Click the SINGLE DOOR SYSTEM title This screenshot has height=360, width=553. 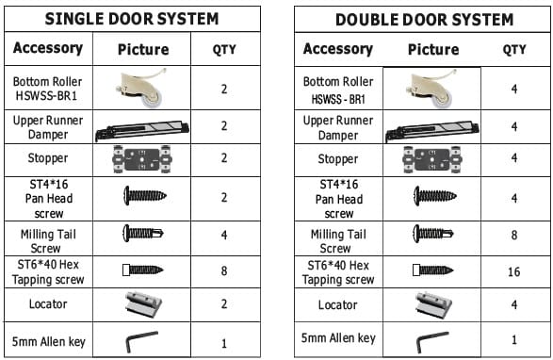[132, 19]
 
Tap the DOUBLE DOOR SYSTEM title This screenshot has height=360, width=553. [424, 20]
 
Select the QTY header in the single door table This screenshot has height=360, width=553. [224, 49]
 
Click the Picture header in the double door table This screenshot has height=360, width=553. [433, 49]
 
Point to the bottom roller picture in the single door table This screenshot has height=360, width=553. [141, 89]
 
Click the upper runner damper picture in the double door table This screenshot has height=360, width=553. [432, 130]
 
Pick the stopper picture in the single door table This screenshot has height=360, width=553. [142, 159]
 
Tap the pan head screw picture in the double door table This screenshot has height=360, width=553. [435, 196]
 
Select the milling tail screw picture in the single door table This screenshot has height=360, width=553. [143, 233]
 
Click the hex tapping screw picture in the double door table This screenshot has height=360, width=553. [433, 270]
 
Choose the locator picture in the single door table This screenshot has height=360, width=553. [143, 303]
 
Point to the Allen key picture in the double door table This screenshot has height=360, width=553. [432, 342]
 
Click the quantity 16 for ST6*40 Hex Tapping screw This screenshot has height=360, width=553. [513, 271]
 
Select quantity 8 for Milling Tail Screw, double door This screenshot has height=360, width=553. [514, 235]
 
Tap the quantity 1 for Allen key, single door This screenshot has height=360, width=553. [224, 343]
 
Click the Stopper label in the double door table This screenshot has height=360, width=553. [338, 159]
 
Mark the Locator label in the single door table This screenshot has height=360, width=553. [48, 303]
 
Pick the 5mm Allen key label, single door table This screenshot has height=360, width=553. [49, 342]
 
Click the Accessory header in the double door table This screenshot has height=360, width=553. [338, 49]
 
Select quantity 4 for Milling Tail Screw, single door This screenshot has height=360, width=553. [224, 235]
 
